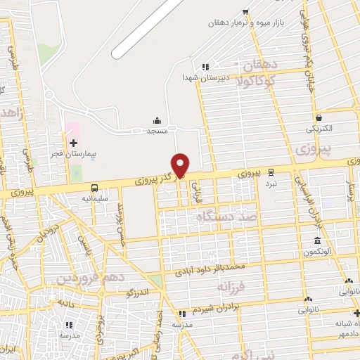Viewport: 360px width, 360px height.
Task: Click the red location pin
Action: (181, 165)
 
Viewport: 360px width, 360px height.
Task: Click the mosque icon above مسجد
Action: (156, 122)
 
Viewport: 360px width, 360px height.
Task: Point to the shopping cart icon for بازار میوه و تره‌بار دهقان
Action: (245, 11)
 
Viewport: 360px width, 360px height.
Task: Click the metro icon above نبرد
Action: (271, 172)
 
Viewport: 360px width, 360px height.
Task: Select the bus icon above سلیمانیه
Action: (94, 188)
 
